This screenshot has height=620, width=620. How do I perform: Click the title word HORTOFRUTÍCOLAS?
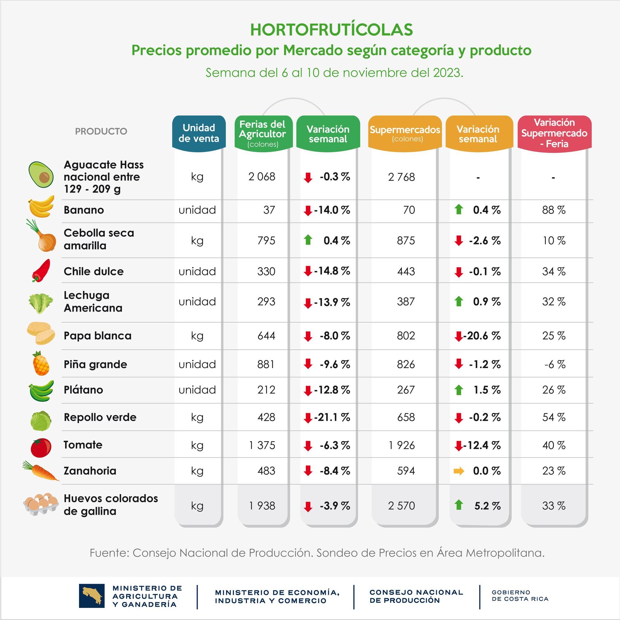[x=331, y=30]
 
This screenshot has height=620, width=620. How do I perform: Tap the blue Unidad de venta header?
[x=199, y=133]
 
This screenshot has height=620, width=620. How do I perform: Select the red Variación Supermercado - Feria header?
[x=554, y=133]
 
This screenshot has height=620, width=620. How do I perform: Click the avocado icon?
[x=41, y=175]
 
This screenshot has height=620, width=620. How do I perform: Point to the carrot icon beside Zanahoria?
[x=41, y=471]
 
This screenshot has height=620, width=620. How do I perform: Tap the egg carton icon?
[x=41, y=504]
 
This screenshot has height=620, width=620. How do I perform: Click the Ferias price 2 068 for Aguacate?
[x=262, y=176]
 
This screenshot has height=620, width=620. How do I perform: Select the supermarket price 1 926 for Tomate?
[x=401, y=445]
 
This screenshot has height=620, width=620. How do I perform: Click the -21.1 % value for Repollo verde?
[x=332, y=417]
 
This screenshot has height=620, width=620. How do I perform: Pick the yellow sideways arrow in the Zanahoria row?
[x=459, y=471]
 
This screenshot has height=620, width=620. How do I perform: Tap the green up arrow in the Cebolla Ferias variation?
[x=308, y=240]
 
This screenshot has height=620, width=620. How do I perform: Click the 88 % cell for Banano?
[x=554, y=210]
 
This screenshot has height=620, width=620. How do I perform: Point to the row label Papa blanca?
[x=97, y=336]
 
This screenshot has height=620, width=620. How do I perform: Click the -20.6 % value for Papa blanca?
[x=482, y=336]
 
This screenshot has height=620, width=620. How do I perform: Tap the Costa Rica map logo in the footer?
[x=92, y=595]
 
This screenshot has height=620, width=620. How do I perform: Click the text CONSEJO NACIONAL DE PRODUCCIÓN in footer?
[x=416, y=596]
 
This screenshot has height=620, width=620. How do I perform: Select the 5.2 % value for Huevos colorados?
[x=487, y=506]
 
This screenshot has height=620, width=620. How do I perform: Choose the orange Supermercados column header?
[x=405, y=133]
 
